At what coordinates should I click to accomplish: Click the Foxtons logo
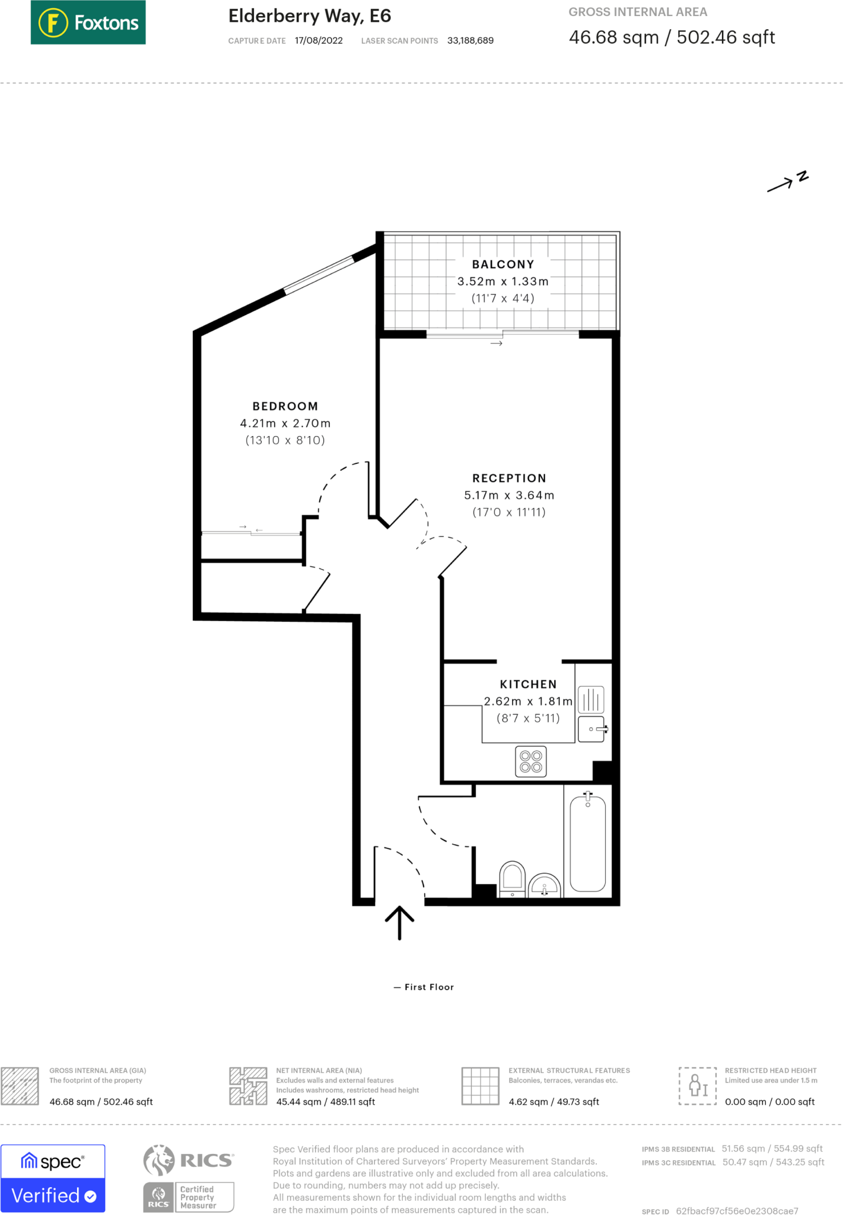click(88, 23)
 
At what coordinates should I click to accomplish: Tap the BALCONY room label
click(503, 265)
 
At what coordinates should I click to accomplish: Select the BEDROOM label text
click(285, 406)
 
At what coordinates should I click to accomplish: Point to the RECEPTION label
click(509, 478)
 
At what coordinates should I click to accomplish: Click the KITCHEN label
click(528, 684)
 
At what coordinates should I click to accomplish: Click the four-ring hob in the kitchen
click(530, 762)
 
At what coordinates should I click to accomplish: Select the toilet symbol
click(513, 879)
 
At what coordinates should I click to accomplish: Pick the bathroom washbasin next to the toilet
click(545, 886)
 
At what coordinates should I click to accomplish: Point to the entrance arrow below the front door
click(399, 922)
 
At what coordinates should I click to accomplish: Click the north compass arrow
click(787, 182)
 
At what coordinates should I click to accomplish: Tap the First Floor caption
click(424, 987)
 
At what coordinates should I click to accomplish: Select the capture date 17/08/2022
click(319, 41)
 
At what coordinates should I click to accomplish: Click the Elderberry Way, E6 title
click(310, 16)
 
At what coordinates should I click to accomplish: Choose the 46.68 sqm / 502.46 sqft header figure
click(672, 37)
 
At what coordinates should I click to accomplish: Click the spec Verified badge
click(53, 1178)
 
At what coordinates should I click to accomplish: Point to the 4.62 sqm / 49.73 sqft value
click(553, 1102)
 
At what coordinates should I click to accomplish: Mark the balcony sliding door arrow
click(497, 343)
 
